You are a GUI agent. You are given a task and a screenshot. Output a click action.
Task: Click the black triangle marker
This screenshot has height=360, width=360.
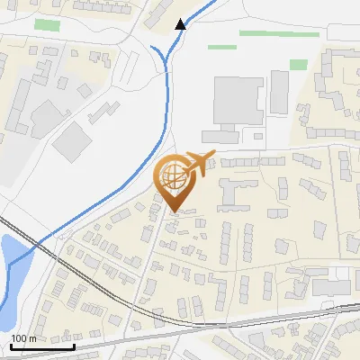click(181, 23)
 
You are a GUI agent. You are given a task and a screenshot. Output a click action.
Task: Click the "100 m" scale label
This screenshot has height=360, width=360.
click(23, 338)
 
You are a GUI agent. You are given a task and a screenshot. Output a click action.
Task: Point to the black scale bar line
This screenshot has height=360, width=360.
click(42, 346)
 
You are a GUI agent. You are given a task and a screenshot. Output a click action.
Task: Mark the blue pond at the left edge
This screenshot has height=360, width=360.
click(13, 270)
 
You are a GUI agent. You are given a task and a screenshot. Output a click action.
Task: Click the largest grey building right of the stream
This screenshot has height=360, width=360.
click(238, 102)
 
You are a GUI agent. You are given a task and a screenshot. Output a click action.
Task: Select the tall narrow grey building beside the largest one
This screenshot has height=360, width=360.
click(279, 92)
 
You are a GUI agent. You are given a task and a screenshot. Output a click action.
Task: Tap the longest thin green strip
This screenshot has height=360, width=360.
click(279, 34)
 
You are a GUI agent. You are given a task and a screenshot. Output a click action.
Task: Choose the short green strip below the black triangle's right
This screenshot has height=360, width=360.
click(221, 47)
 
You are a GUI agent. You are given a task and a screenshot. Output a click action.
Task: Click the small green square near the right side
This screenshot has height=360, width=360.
click(299, 65)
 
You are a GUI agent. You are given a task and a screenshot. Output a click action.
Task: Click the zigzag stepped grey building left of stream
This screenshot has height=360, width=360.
click(103, 112)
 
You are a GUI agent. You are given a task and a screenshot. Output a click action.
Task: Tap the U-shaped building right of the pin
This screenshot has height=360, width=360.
click(236, 192)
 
